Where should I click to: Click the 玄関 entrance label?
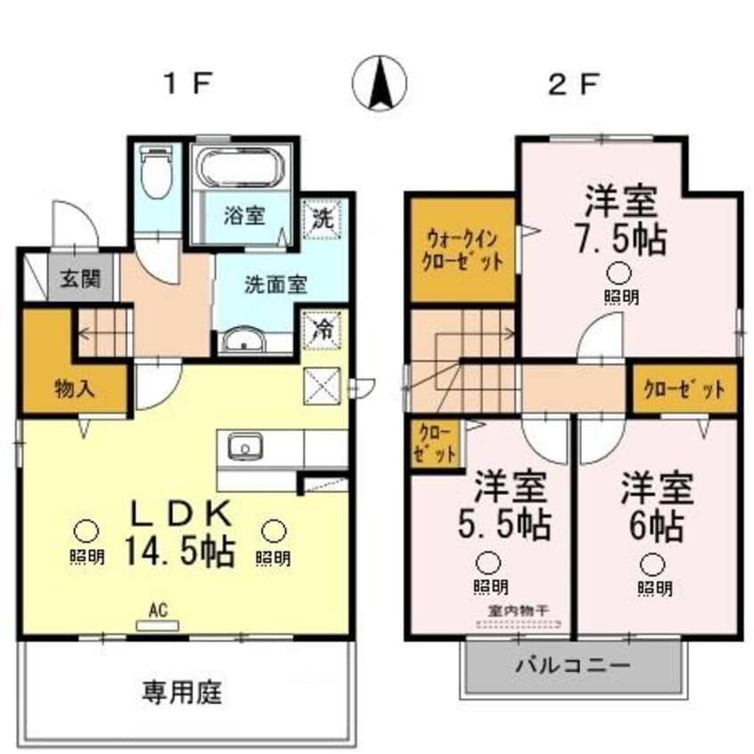[80, 280]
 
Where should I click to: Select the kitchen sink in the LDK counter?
[242, 445]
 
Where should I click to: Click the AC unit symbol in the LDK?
[158, 625]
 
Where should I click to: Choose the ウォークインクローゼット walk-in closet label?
[463, 250]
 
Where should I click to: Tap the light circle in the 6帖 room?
[653, 563]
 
